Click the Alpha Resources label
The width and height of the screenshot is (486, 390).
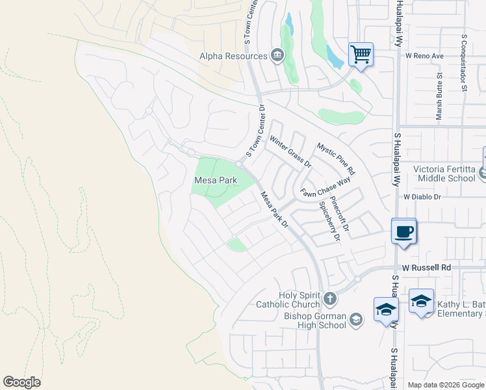[x=233, y=56]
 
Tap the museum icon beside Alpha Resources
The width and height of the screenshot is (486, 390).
[x=277, y=55]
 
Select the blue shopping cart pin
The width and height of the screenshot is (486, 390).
[x=361, y=55]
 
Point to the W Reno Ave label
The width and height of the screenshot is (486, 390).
[x=424, y=56]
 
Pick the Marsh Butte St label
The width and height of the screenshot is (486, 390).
[x=440, y=96]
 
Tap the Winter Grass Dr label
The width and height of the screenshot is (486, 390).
[x=290, y=151]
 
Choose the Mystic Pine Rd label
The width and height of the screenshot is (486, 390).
[x=336, y=158]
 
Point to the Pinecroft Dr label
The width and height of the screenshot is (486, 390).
[x=340, y=214]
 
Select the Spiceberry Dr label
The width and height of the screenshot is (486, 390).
[x=329, y=221]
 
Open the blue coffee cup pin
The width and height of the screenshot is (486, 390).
[x=403, y=231]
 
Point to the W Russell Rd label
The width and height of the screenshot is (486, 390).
[x=426, y=267]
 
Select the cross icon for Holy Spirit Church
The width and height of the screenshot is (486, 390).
[x=330, y=299]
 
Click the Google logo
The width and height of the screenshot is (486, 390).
[x=21, y=382]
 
